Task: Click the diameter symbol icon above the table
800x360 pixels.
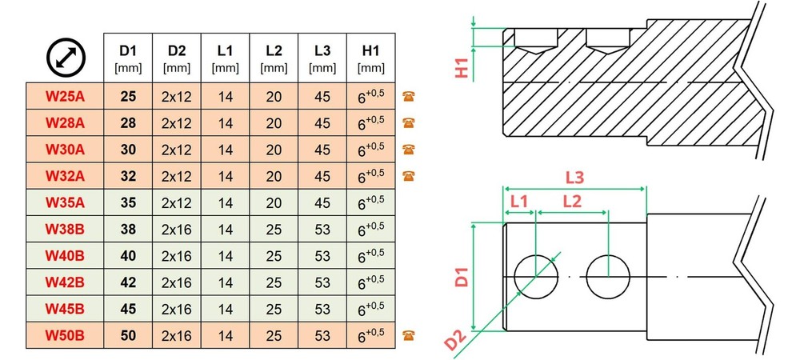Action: pyautogui.click(x=66, y=58)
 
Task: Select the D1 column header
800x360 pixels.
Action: pyautogui.click(x=128, y=58)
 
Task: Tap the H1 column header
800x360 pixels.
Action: pyautogui.click(x=371, y=58)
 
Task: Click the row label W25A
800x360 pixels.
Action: pyautogui.click(x=65, y=96)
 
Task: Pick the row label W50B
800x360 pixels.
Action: pyautogui.click(x=65, y=335)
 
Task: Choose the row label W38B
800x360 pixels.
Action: pyautogui.click(x=65, y=229)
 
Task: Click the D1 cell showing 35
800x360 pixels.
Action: pyautogui.click(x=128, y=202)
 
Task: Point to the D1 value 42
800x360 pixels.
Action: pyautogui.click(x=128, y=282)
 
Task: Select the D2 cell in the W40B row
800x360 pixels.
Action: pyautogui.click(x=177, y=256)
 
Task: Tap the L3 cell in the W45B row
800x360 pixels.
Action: pyautogui.click(x=322, y=309)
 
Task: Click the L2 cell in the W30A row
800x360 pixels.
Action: pyautogui.click(x=274, y=150)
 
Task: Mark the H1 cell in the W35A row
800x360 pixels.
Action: pyautogui.click(x=371, y=202)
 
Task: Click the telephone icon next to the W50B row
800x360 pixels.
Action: pyautogui.click(x=408, y=335)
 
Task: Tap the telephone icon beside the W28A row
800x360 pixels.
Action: pyautogui.click(x=408, y=122)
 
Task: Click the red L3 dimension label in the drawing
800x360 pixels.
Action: pyautogui.click(x=574, y=178)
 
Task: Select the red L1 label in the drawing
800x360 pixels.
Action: pyautogui.click(x=519, y=202)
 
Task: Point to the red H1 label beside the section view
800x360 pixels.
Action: pyautogui.click(x=462, y=68)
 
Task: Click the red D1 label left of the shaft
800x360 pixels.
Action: pyautogui.click(x=462, y=275)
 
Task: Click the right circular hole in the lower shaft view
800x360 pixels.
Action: pyautogui.click(x=608, y=276)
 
